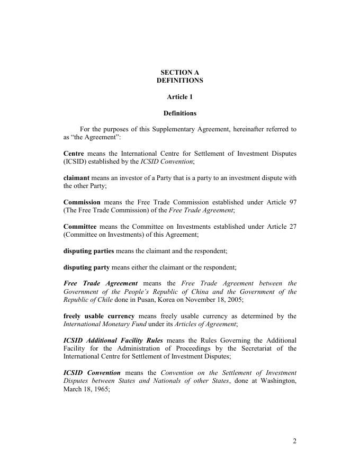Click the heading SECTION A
(x=179, y=72)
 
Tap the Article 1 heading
(x=179, y=97)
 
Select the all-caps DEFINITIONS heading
(x=179, y=80)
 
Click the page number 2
(x=294, y=442)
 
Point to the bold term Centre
(x=74, y=154)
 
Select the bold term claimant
(x=76, y=178)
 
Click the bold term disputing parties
(x=88, y=251)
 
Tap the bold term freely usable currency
(x=99, y=316)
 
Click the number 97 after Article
(x=292, y=202)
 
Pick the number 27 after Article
(x=292, y=227)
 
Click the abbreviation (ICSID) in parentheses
(x=75, y=162)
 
